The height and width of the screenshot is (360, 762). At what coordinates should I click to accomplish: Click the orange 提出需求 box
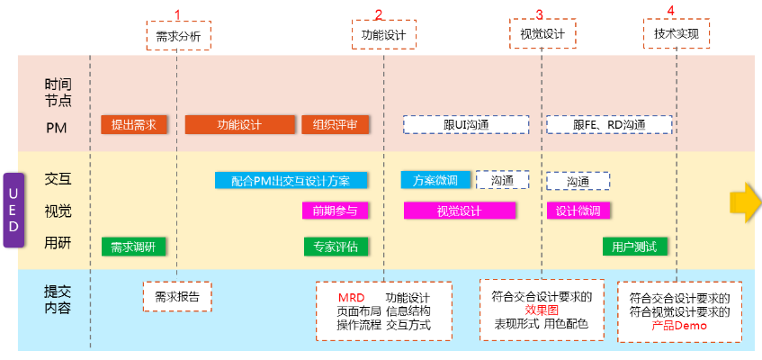tap(134, 125)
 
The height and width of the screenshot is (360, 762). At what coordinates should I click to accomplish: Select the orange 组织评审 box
tap(335, 125)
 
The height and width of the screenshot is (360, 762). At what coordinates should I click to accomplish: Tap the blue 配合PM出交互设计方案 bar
tap(290, 180)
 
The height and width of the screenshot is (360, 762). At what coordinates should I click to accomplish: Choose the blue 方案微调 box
tap(435, 180)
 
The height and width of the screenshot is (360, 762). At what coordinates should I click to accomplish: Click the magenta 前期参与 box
tap(335, 211)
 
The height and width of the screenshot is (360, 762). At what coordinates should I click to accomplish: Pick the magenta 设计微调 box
tap(578, 211)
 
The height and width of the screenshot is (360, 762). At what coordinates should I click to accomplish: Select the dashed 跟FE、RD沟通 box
tap(609, 125)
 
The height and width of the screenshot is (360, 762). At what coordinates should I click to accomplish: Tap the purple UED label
tap(13, 210)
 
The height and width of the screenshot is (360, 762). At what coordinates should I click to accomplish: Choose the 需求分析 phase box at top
tap(178, 36)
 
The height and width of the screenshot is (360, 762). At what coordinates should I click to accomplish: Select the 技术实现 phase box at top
tap(677, 34)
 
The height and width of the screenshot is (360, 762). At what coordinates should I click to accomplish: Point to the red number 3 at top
tap(539, 13)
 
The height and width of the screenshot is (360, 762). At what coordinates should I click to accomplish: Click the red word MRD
tap(351, 298)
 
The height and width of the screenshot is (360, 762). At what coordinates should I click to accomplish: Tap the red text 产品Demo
tap(679, 327)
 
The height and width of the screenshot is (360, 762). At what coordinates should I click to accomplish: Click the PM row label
tap(57, 127)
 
